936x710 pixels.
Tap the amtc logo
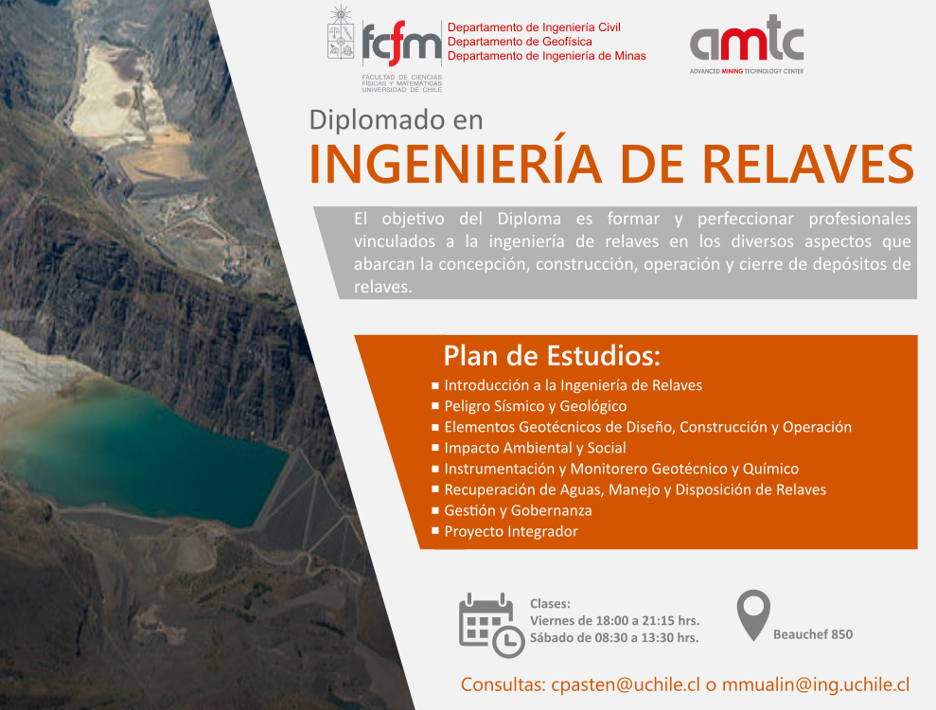click(746, 44)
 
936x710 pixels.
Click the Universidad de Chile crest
click(341, 33)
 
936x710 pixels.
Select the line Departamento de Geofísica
click(520, 42)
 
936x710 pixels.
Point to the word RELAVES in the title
click(807, 164)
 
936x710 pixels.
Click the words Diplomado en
click(396, 120)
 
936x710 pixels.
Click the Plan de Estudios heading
click(552, 356)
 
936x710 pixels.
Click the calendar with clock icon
click(491, 625)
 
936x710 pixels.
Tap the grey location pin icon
click(753, 615)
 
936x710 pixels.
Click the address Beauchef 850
click(812, 634)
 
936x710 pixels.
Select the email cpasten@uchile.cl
click(625, 684)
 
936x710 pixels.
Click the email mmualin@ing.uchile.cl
click(816, 684)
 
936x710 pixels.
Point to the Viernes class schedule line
click(614, 620)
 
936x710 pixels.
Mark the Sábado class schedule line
click(614, 638)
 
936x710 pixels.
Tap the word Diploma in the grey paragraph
click(529, 219)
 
